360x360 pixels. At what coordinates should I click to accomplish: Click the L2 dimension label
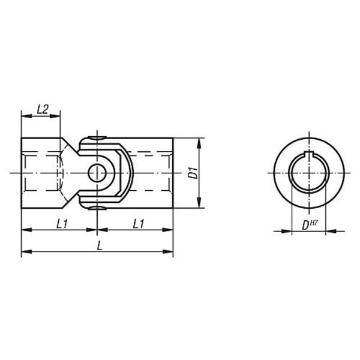pyautogui.click(x=43, y=109)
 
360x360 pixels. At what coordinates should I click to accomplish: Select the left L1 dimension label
pyautogui.click(x=62, y=224)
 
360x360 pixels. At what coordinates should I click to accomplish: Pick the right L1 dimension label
pyautogui.click(x=139, y=224)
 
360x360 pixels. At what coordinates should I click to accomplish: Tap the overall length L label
pyautogui.click(x=100, y=246)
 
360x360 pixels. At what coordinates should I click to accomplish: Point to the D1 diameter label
pyautogui.click(x=193, y=173)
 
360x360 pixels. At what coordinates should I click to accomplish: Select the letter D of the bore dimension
pyautogui.click(x=305, y=226)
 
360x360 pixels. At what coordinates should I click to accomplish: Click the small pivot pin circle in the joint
pyautogui.click(x=97, y=173)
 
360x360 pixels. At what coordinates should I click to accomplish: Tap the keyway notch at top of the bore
pyautogui.click(x=309, y=154)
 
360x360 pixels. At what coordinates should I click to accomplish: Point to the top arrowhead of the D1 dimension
pyautogui.click(x=199, y=143)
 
